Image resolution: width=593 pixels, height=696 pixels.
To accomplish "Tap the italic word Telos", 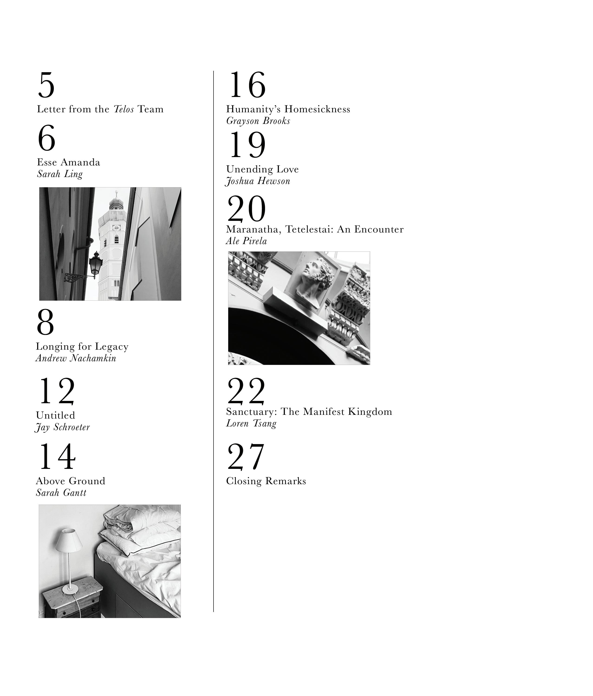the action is [x=124, y=109].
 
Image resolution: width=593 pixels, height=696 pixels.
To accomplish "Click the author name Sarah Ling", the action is [x=60, y=174].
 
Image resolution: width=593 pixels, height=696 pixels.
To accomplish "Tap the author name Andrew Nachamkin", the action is [x=76, y=358].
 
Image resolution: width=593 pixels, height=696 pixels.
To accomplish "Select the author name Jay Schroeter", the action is [x=62, y=427].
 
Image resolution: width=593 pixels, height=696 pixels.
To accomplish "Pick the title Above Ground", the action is [x=71, y=481].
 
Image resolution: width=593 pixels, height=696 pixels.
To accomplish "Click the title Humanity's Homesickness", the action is [x=288, y=109].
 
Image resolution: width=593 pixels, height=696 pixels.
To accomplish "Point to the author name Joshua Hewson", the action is [x=258, y=181].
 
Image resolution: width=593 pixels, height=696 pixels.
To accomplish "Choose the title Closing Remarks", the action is [x=266, y=481].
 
